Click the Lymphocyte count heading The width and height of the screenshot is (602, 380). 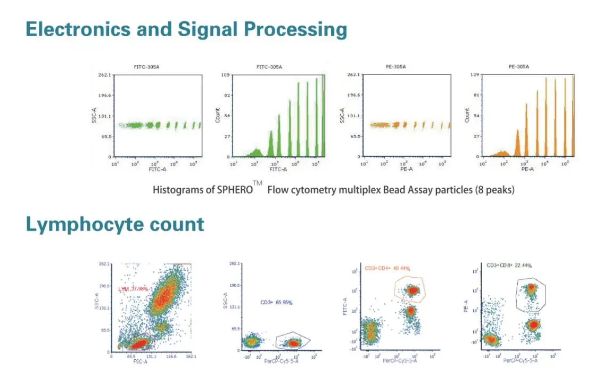(115, 224)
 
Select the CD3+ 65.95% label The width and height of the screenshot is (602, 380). (276, 303)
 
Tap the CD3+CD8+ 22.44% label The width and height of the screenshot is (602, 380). (509, 265)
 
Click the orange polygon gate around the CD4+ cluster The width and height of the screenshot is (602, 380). (395, 290)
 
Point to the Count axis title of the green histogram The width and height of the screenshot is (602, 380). (218, 116)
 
